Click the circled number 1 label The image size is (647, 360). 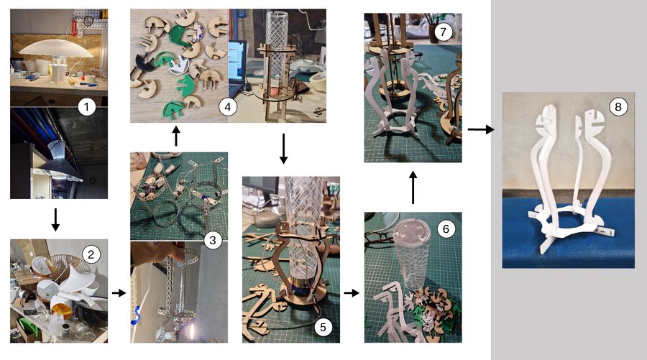[x=86, y=107]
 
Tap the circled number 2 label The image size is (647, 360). [x=91, y=254]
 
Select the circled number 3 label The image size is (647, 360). [x=213, y=240]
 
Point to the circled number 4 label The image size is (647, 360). [x=227, y=107]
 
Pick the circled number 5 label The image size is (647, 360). [x=323, y=327]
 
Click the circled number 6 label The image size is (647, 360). [x=446, y=229]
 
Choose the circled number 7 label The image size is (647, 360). [x=443, y=32]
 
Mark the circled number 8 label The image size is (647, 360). [x=618, y=107]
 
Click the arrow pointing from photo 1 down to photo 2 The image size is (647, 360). [x=55, y=220]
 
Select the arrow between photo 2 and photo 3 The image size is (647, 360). [x=119, y=292]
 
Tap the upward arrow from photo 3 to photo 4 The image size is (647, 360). [x=176, y=136]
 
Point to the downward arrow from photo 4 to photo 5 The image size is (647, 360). [x=283, y=149]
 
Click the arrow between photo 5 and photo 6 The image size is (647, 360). [x=352, y=292]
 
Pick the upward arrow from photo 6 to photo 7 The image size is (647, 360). [x=413, y=188]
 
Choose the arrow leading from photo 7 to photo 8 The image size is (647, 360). [x=481, y=129]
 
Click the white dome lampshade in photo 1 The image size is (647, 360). [x=56, y=49]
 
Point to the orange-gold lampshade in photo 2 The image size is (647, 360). [x=61, y=311]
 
